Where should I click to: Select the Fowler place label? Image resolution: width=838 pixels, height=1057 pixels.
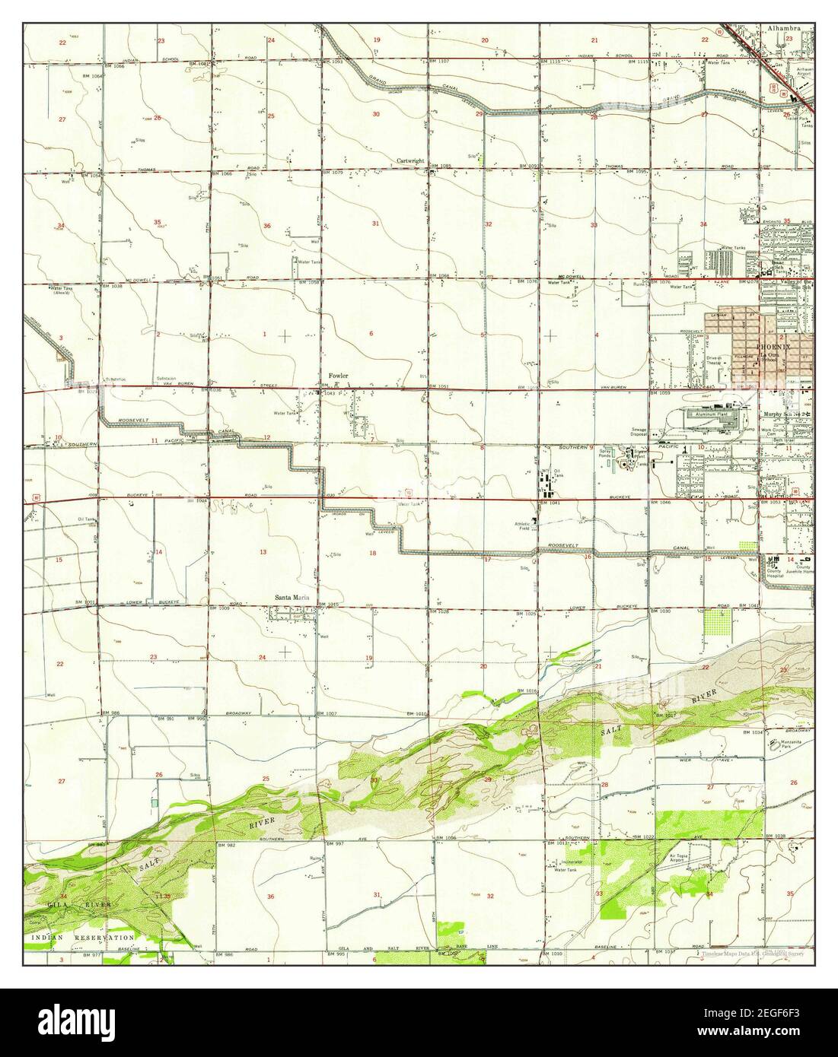point(338,376)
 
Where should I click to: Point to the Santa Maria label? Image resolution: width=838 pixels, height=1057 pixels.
point(294,597)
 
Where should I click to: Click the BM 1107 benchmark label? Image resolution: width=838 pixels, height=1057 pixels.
point(441,61)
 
